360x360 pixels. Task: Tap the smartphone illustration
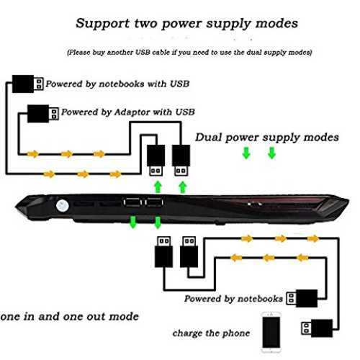click(271, 333)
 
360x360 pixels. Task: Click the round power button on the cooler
click(63, 206)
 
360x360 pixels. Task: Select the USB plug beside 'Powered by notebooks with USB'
click(28, 84)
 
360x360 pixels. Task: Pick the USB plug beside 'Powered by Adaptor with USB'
click(43, 114)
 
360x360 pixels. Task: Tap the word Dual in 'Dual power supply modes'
click(208, 138)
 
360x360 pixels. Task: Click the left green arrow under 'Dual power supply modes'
click(246, 153)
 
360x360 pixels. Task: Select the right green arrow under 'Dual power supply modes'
click(271, 153)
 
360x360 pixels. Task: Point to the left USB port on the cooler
click(132, 202)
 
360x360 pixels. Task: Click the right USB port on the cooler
click(154, 202)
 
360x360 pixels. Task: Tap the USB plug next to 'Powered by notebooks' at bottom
click(302, 298)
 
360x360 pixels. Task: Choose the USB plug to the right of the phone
click(317, 328)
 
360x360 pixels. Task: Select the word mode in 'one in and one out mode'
click(124, 317)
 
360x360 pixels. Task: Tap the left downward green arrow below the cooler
click(133, 222)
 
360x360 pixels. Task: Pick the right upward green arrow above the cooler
click(183, 187)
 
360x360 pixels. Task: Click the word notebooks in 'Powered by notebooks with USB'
click(122, 84)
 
